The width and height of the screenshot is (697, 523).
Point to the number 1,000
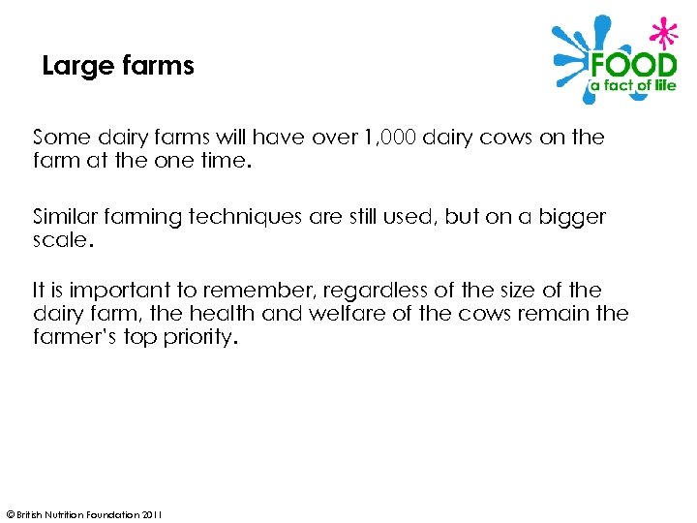click(x=391, y=138)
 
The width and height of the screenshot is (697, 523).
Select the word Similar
click(x=67, y=216)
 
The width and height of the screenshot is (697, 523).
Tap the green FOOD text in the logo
click(x=633, y=67)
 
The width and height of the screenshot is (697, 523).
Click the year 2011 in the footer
click(x=152, y=514)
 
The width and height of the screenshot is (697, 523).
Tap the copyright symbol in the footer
click(x=10, y=514)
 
